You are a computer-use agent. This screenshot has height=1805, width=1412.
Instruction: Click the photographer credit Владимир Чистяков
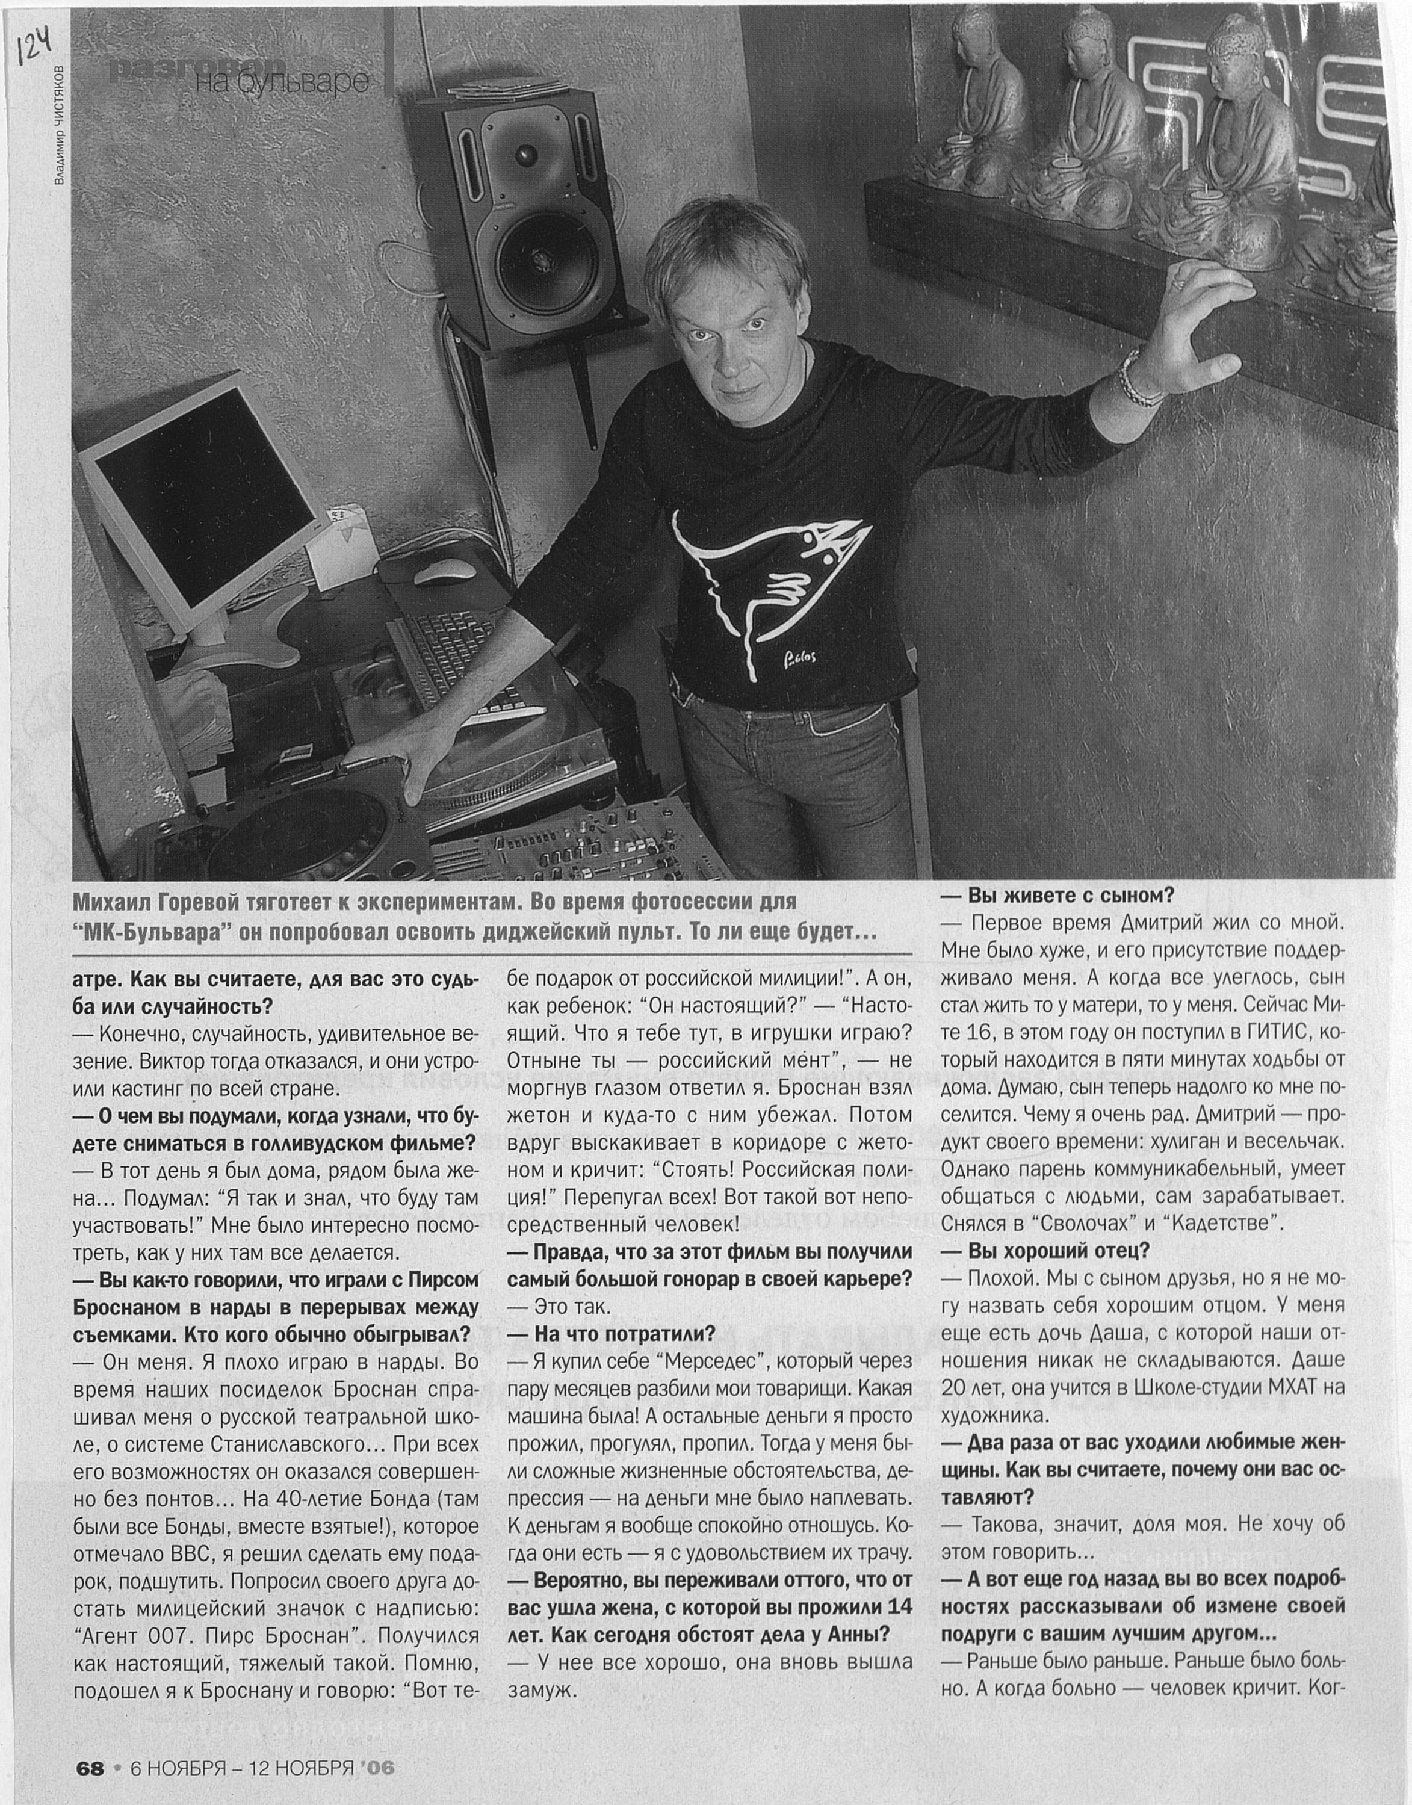click(x=59, y=124)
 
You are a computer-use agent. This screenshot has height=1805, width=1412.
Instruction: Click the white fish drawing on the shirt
click(x=765, y=583)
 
